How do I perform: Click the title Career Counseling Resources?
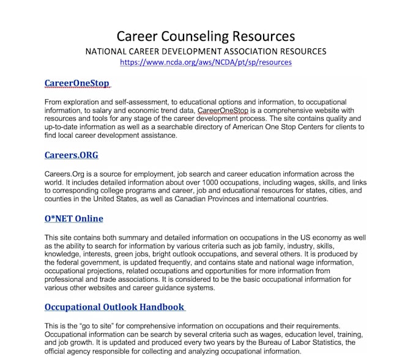(206, 36)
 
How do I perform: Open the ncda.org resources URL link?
(206, 62)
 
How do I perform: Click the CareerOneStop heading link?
(76, 83)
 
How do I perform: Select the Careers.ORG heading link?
(71, 155)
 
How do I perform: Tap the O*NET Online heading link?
(73, 218)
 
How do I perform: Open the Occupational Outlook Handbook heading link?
(114, 306)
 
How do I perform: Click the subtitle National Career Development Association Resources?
(206, 51)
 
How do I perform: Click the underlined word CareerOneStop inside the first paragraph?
(224, 110)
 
